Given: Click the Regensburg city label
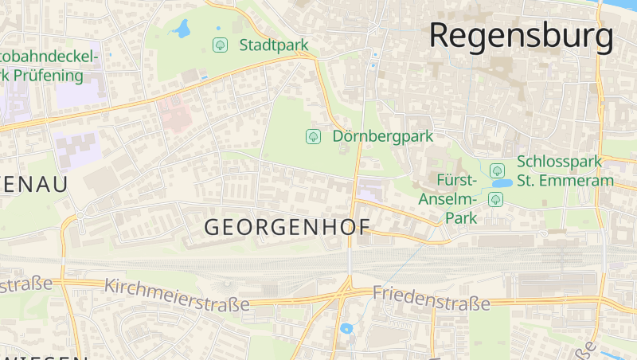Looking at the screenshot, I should [522, 36].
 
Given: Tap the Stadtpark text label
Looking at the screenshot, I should [273, 45].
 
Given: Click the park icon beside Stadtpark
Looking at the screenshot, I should [220, 45].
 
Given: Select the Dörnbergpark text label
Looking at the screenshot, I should [382, 136].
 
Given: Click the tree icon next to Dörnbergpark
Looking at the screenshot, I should [313, 136].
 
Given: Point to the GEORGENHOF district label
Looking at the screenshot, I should [287, 227].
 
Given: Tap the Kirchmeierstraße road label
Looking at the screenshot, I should [177, 294].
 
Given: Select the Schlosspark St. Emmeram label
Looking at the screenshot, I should [565, 170].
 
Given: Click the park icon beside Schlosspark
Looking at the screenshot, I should [497, 170].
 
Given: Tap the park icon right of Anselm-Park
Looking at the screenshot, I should [495, 198].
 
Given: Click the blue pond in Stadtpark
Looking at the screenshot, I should [182, 29].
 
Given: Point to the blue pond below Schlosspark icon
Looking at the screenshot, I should [502, 183].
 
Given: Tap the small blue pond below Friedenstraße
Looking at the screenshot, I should [346, 327].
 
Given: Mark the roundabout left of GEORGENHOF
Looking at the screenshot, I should [80, 214].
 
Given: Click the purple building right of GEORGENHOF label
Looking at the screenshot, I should [368, 190].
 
